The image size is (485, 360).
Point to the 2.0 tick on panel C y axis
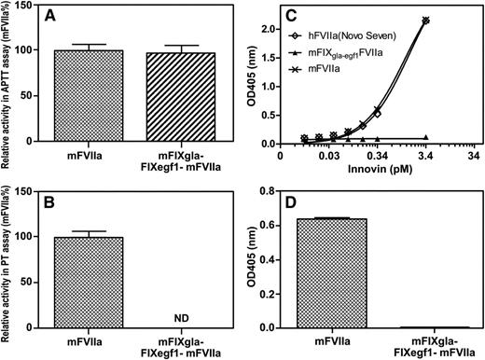pyautogui.click(x=269, y=30)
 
